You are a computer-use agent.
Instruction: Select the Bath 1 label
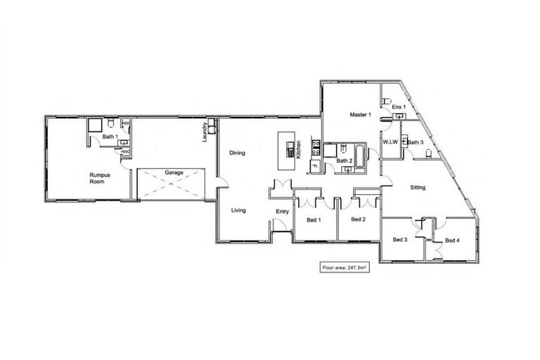click(108, 136)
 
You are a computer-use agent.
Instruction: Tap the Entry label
click(283, 212)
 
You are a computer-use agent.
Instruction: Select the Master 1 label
click(359, 114)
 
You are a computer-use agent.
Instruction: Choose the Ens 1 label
click(399, 107)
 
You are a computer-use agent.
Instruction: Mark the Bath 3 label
click(416, 143)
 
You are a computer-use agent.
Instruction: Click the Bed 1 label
click(314, 220)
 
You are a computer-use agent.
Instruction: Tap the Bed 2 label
click(359, 220)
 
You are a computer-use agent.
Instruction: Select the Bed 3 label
click(400, 240)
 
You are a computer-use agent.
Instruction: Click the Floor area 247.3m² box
click(345, 268)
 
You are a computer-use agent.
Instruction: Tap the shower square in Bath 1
click(94, 126)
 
